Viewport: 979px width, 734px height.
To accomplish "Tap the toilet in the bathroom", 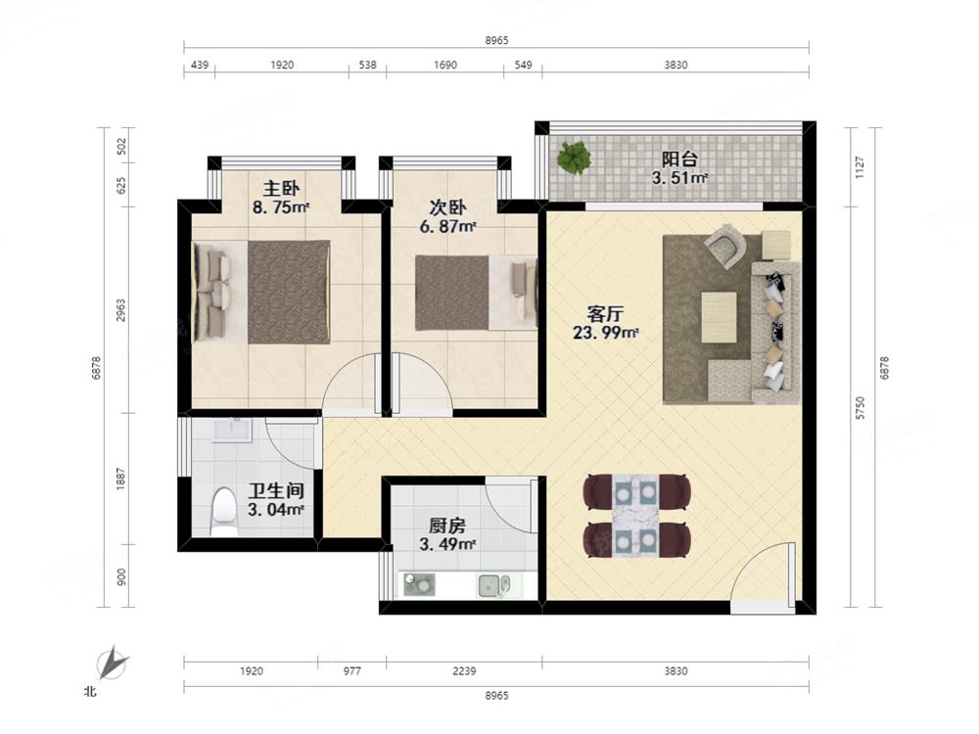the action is pos(223,512).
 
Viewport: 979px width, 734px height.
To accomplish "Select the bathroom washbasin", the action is pos(232,431).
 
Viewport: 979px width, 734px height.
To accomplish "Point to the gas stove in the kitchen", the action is pos(419,585).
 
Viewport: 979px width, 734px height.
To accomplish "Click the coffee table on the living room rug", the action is pos(719,317).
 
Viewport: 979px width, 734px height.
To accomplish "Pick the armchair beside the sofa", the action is pos(725,246).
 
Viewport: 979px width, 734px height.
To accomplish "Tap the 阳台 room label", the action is pos(679,159).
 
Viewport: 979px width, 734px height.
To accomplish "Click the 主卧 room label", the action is pos(281,188).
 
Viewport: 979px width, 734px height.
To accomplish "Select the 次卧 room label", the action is pos(447,206).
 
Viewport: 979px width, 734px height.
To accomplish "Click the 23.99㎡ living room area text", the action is pos(606,333).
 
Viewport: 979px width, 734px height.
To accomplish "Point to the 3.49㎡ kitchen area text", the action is pos(447,544).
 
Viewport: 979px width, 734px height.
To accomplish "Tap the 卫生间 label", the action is pos(275,490).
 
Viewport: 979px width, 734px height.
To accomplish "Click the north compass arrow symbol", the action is pos(113,663).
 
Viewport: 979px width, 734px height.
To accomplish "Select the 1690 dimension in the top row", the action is pos(445,65).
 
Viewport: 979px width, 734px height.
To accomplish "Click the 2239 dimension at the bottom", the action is pos(464,671).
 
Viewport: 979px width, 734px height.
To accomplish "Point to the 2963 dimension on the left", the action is pos(121,310).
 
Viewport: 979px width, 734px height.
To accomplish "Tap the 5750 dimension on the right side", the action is pos(861,407).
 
